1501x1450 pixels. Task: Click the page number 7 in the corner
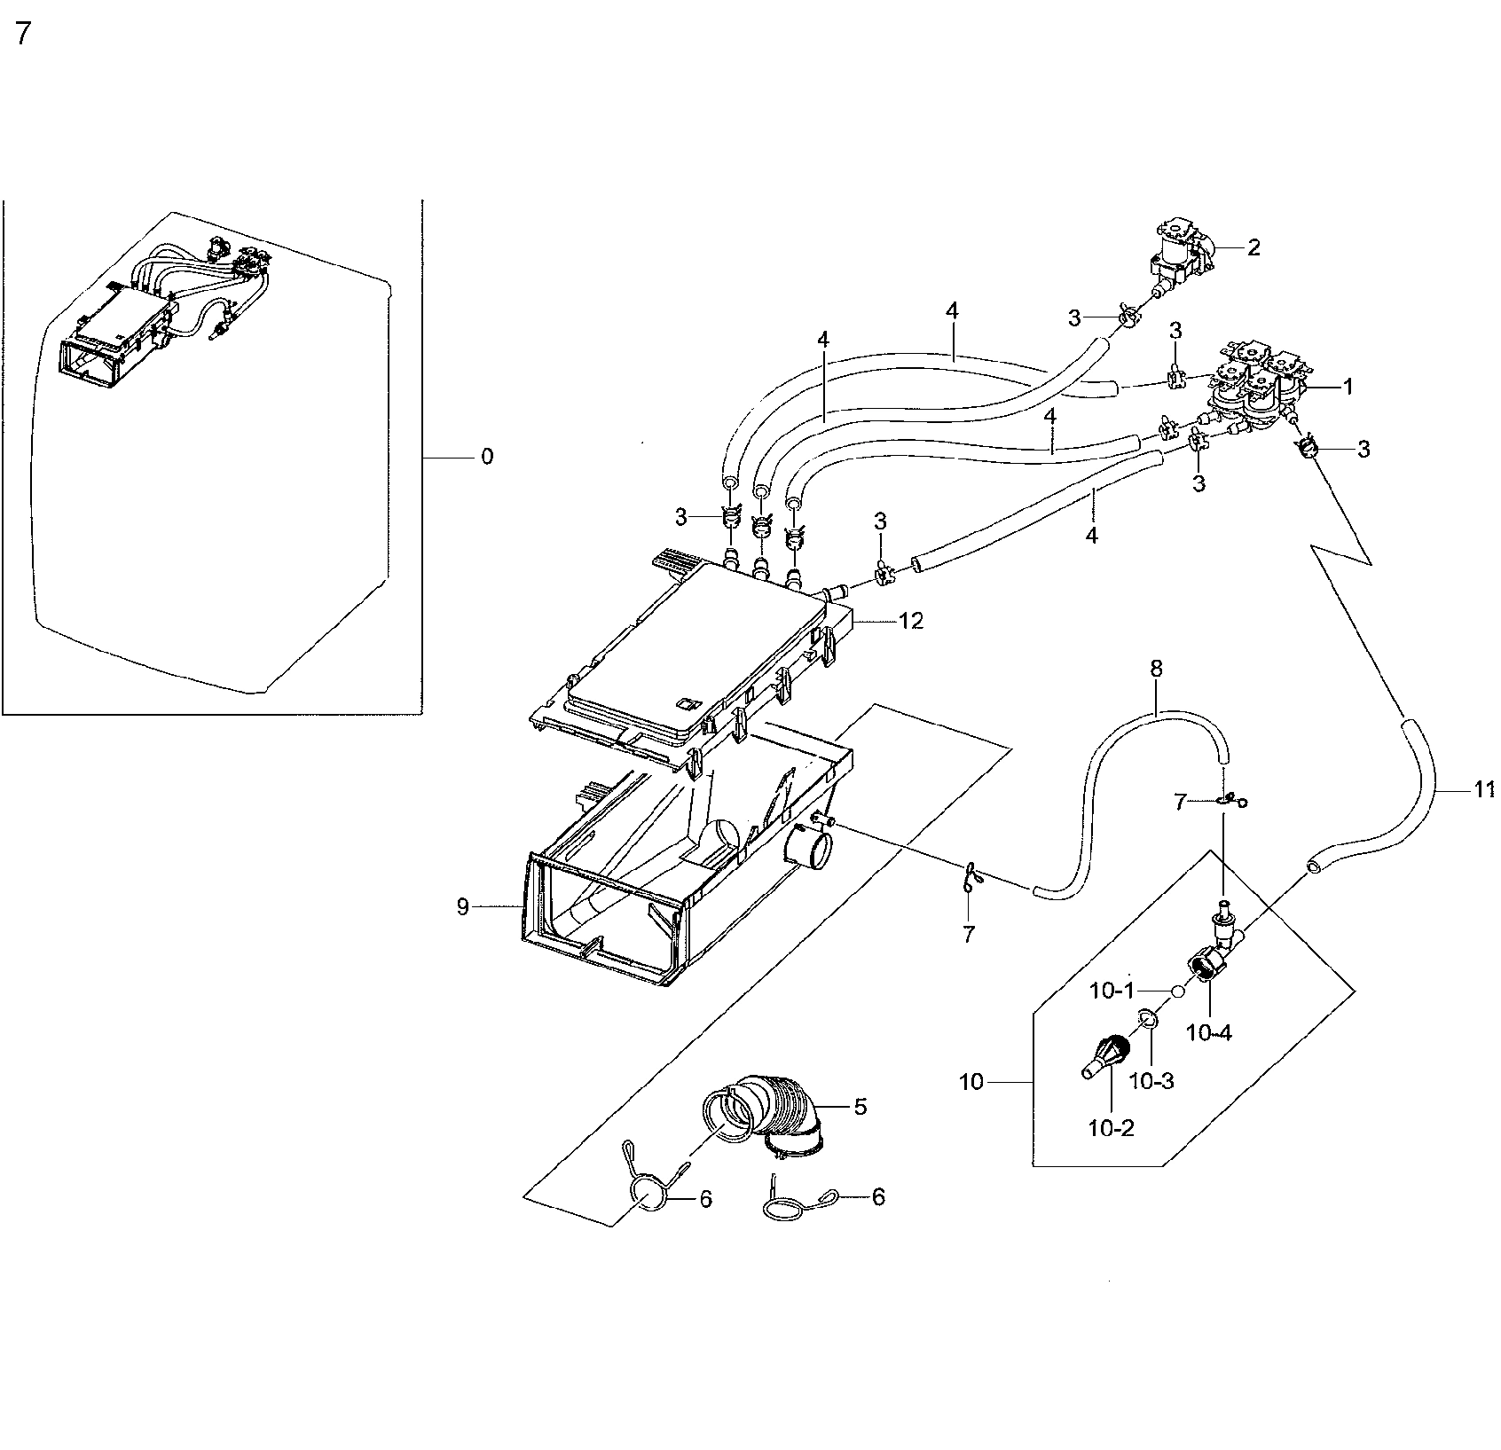tap(23, 34)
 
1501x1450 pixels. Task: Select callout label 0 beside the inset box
tap(486, 457)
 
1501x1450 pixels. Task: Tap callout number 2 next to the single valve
tap(1253, 247)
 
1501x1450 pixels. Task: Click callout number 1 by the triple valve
tap(1348, 386)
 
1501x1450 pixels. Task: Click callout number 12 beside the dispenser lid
tap(910, 622)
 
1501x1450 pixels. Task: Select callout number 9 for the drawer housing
tap(462, 906)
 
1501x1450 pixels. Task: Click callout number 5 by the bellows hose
tap(860, 1106)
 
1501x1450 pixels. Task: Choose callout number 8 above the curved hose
tap(1156, 669)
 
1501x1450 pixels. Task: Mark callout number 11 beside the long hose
tap(1484, 789)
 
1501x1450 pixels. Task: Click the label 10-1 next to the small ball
tap(1112, 991)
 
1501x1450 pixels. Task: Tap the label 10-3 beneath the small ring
tap(1152, 1081)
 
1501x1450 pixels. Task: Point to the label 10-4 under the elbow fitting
tap(1209, 1032)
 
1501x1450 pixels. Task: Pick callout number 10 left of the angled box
tap(971, 1082)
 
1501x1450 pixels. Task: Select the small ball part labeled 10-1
tap(1175, 991)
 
